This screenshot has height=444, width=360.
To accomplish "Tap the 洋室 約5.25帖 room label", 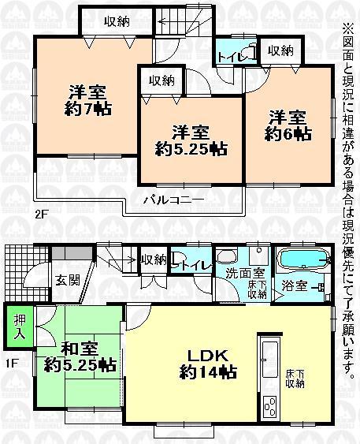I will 191,140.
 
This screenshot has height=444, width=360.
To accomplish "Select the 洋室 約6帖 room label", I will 288,124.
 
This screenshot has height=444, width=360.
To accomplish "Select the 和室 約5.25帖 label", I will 80,356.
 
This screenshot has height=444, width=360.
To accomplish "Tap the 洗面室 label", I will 239,273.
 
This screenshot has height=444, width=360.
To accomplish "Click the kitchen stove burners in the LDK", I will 270,406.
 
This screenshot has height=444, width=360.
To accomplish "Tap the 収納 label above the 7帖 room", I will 117,22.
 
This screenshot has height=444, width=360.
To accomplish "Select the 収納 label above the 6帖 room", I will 280,50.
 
